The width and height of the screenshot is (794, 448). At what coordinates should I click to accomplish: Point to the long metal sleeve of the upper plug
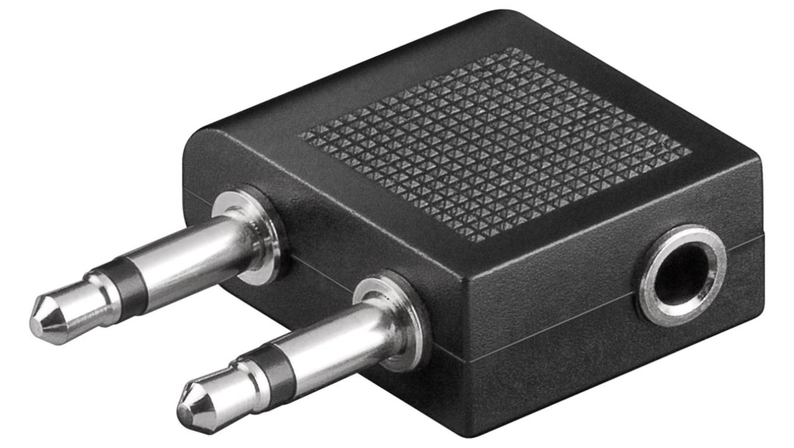193,251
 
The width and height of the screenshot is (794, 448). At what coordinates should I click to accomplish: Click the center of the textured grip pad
496,143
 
